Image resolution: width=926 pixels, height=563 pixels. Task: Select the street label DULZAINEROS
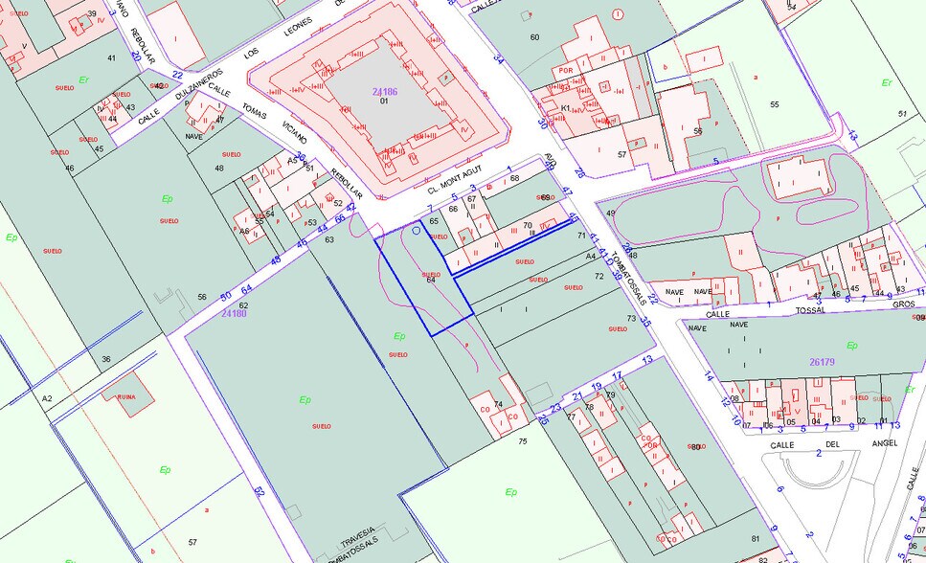199,84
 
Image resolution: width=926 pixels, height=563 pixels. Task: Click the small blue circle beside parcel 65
415,230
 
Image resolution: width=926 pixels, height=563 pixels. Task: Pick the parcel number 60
534,37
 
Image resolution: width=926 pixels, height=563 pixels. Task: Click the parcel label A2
46,397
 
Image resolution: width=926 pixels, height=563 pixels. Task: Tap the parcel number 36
105,359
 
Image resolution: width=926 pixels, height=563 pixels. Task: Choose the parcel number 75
523,441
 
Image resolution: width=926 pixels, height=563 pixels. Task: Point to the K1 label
566,108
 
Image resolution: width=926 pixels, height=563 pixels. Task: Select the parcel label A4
591,257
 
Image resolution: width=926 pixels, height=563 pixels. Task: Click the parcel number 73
631,318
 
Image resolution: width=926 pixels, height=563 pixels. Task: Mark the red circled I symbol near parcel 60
619,14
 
